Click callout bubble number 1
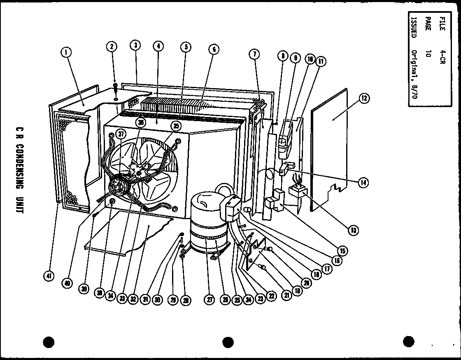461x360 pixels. [x=66, y=52]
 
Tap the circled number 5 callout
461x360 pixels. [x=186, y=47]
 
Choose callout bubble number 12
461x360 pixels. [x=364, y=98]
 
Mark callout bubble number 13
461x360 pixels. [x=352, y=230]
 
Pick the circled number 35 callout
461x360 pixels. [x=176, y=126]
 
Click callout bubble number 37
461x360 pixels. [x=121, y=133]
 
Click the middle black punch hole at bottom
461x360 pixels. [x=228, y=342]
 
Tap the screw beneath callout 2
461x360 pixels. [x=115, y=89]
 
